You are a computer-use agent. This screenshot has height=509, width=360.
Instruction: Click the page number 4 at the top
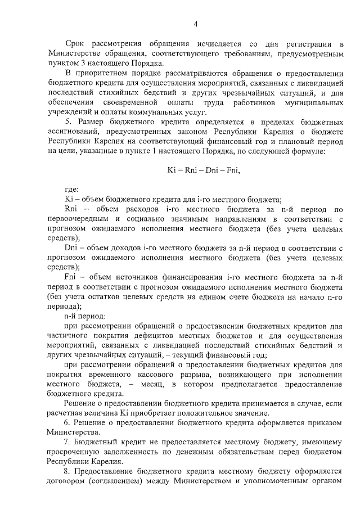(x=195, y=24)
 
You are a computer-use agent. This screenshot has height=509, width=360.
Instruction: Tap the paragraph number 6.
(x=68, y=423)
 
